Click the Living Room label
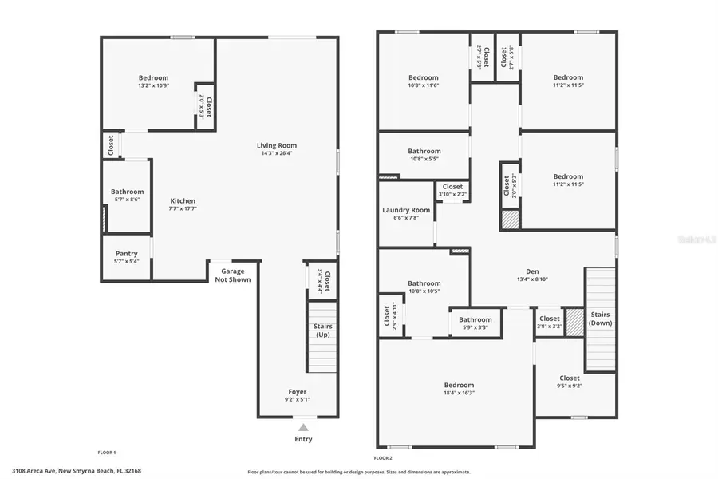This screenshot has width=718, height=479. click(276, 145)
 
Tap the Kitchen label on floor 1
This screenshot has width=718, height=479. click(183, 201)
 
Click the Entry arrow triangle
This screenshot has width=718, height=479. click(303, 428)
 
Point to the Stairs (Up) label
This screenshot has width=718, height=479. click(322, 331)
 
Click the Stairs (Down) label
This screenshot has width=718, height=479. click(600, 318)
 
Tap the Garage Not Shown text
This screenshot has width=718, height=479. click(232, 275)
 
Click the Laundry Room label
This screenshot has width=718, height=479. click(406, 210)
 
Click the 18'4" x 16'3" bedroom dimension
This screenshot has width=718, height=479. click(459, 393)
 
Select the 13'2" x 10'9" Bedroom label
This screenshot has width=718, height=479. click(153, 78)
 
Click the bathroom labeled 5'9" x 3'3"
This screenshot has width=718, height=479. click(475, 319)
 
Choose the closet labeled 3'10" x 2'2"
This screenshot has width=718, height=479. click(452, 187)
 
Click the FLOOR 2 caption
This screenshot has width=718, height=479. click(383, 458)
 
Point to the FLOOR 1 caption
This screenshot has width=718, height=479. click(107, 453)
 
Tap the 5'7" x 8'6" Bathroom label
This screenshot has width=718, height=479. click(127, 192)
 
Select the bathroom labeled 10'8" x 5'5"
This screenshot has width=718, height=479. click(424, 151)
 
